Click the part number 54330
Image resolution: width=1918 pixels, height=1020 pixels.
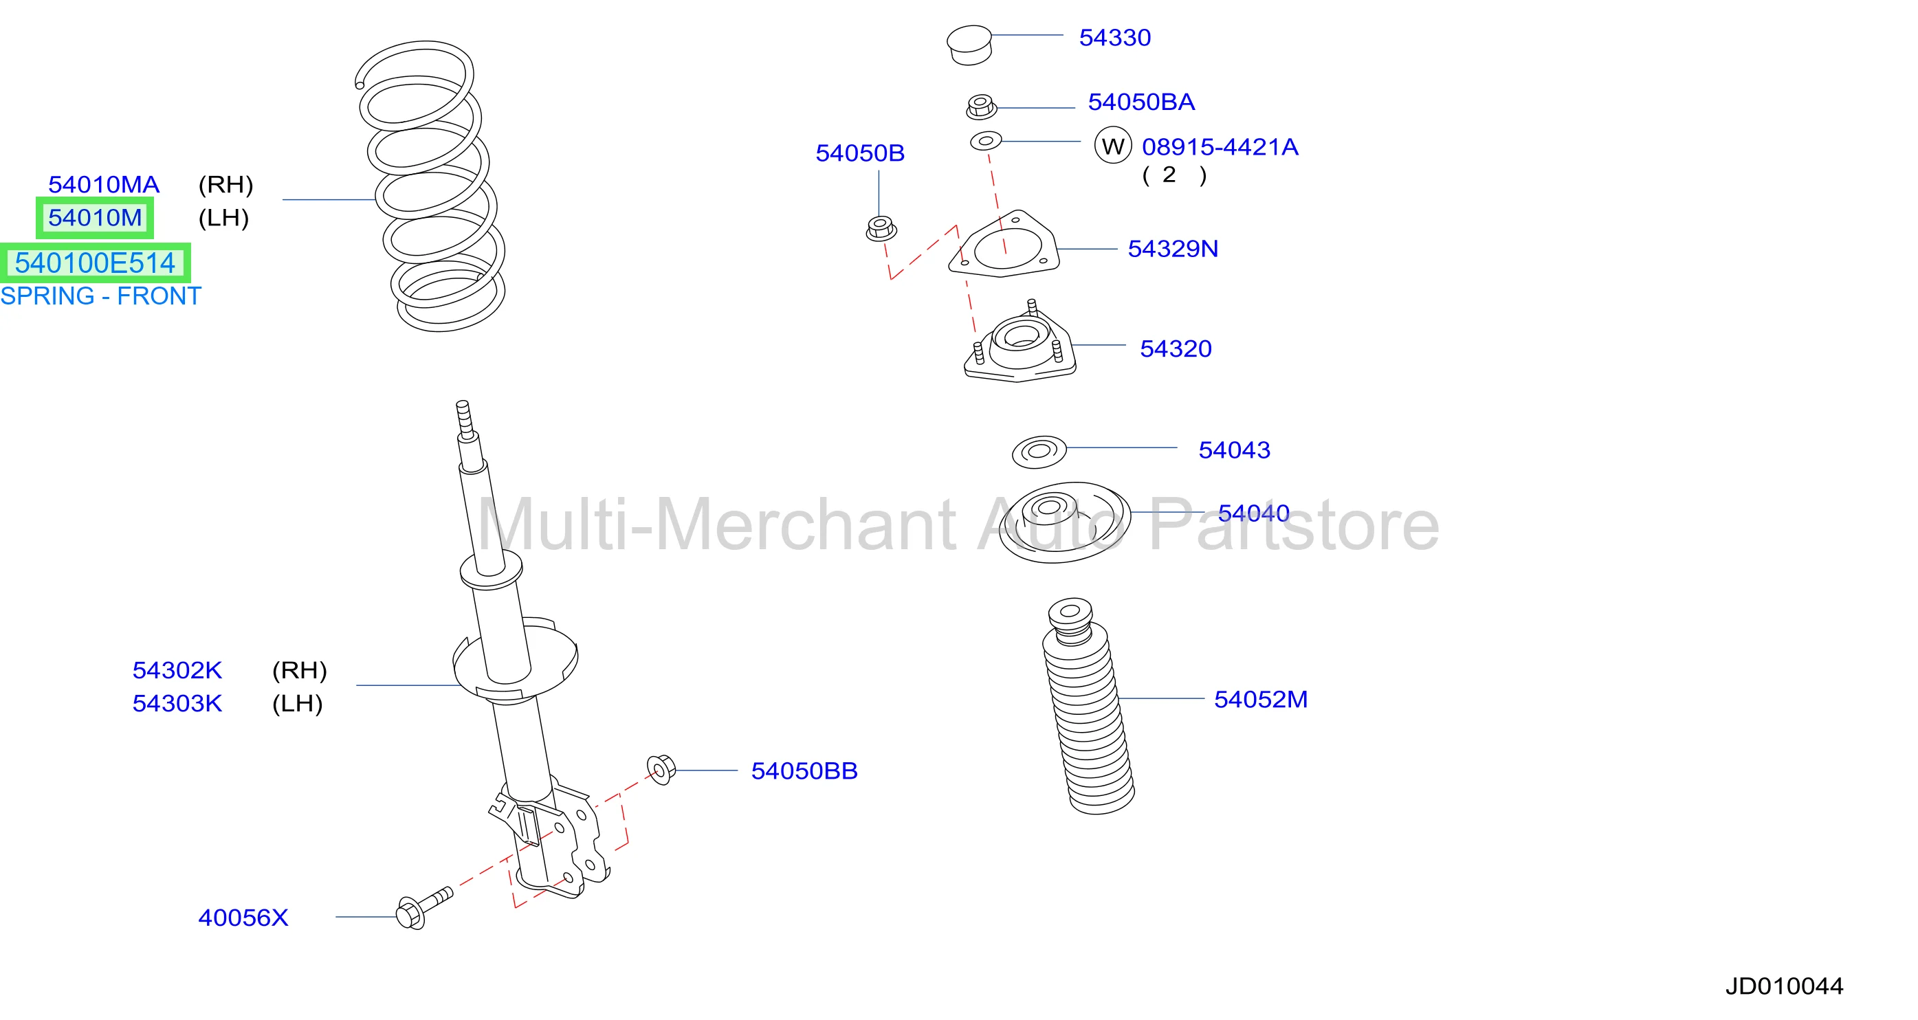click(x=1114, y=37)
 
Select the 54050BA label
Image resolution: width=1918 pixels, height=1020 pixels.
click(x=1141, y=102)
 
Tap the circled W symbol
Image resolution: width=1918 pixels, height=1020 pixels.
click(x=1112, y=146)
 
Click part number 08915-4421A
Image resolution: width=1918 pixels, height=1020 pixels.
click(x=1220, y=146)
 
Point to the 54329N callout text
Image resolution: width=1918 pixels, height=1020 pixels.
click(x=1173, y=249)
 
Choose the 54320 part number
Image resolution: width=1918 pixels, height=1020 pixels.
click(x=1176, y=348)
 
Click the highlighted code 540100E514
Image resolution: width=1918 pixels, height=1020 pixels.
click(x=96, y=263)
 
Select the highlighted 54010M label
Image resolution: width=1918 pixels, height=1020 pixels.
click(x=96, y=218)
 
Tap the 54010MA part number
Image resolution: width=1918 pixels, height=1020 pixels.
click(x=104, y=185)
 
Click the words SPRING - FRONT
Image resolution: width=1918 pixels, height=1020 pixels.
click(x=100, y=296)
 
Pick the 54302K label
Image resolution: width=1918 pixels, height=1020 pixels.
click(x=177, y=670)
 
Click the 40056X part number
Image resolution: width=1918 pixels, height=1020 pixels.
click(x=243, y=918)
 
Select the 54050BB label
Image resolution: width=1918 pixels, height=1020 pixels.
click(x=804, y=770)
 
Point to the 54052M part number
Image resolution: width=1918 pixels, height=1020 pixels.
click(x=1261, y=699)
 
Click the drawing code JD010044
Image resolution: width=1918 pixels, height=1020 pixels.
click(x=1784, y=986)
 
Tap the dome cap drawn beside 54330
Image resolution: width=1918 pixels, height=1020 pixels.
click(x=969, y=45)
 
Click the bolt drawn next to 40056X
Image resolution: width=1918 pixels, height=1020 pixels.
click(x=423, y=909)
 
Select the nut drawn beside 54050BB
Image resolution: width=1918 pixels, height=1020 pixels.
click(x=661, y=769)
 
